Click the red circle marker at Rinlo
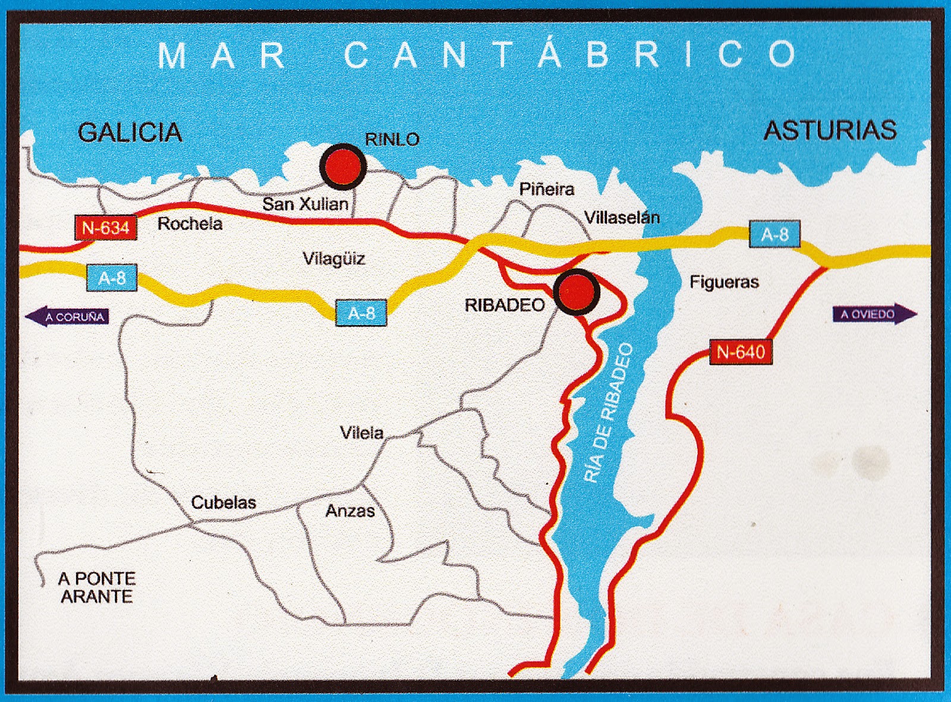tap(343, 166)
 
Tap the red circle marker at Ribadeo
tap(576, 292)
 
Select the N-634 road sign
tap(106, 228)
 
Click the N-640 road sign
tap(741, 352)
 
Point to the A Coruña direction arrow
tap(67, 317)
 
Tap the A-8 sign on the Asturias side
tap(774, 234)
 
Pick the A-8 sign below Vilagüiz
tap(361, 313)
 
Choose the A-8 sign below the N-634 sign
tap(112, 278)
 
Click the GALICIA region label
tap(130, 132)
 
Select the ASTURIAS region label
tap(830, 130)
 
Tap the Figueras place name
tap(724, 282)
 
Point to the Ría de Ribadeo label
tap(609, 413)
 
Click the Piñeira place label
tap(547, 189)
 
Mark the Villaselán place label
tap(622, 217)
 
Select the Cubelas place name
tap(223, 503)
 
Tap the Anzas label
tap(350, 511)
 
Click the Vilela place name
tap(361, 433)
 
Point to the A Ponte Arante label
tap(97, 587)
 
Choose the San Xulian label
tap(305, 204)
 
